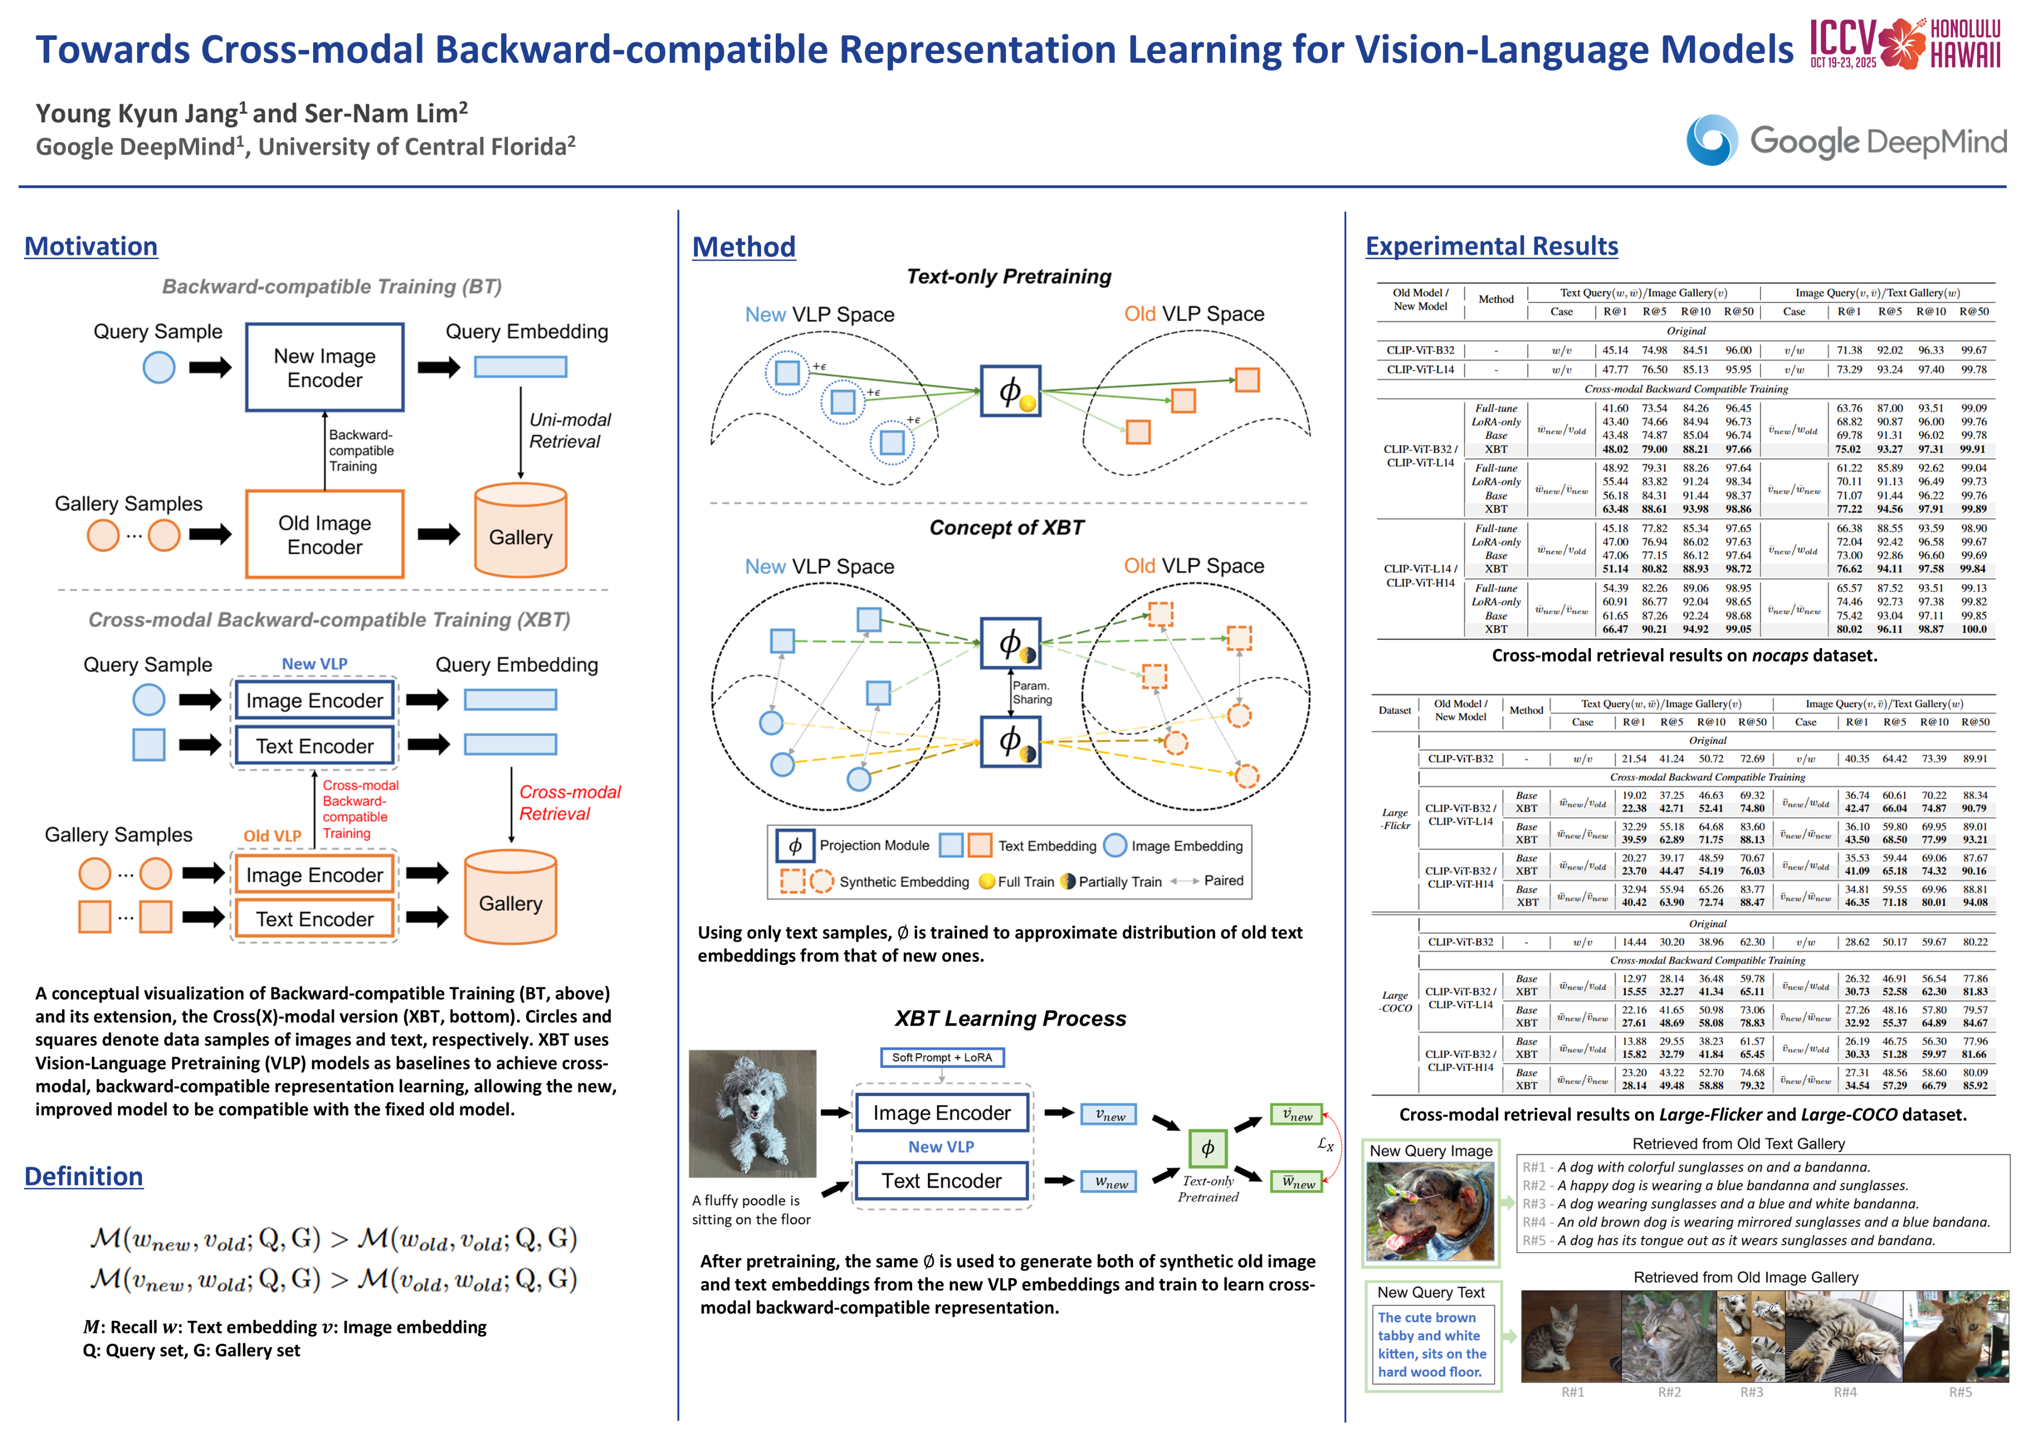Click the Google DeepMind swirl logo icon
click(x=1710, y=140)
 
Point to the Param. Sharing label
click(x=1032, y=693)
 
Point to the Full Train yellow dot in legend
click(x=987, y=882)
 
